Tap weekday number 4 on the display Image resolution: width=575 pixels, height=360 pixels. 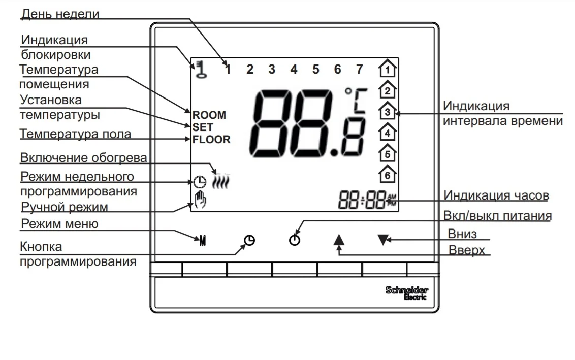pyautogui.click(x=294, y=70)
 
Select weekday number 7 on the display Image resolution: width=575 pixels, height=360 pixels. pyautogui.click(x=359, y=70)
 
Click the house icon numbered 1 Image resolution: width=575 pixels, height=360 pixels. pyautogui.click(x=388, y=69)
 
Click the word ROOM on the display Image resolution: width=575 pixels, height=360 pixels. pyautogui.click(x=209, y=116)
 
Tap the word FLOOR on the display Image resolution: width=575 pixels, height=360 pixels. pyautogui.click(x=211, y=139)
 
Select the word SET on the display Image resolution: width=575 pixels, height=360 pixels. pyautogui.click(x=203, y=127)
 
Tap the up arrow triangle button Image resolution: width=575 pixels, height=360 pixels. pyautogui.click(x=339, y=239)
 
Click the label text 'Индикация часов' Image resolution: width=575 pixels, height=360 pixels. pyautogui.click(x=496, y=195)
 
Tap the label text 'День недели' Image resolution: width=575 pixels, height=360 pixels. pyautogui.click(x=60, y=14)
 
